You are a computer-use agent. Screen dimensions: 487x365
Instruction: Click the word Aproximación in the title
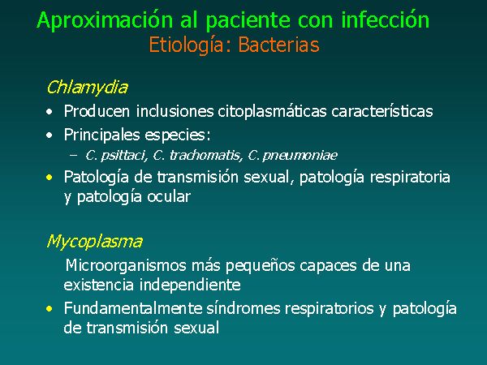point(105,20)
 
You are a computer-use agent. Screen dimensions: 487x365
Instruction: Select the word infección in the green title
point(385,19)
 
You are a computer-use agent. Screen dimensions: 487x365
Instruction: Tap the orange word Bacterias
point(278,45)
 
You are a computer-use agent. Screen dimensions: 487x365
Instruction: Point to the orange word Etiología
point(187,45)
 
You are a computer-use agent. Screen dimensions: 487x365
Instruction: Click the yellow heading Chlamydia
point(87,88)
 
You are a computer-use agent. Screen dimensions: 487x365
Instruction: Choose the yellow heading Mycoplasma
point(94,242)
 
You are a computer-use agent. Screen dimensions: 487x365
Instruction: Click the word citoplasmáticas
point(272,112)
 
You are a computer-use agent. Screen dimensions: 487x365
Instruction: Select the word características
point(382,111)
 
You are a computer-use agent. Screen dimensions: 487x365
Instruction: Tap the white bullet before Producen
point(49,112)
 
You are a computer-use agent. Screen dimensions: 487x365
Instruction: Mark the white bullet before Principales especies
point(49,135)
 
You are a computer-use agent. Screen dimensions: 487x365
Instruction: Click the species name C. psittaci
point(116,155)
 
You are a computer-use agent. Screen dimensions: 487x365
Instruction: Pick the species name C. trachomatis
point(198,155)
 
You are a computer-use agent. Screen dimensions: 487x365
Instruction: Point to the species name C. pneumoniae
point(292,155)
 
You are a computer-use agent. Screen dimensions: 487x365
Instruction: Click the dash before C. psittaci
point(73,155)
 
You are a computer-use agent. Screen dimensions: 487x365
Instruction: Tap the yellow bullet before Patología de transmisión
point(49,178)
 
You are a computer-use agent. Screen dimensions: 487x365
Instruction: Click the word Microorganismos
point(126,266)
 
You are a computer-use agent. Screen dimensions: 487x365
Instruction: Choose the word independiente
point(190,285)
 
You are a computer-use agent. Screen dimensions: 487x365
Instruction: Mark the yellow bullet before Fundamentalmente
point(49,309)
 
